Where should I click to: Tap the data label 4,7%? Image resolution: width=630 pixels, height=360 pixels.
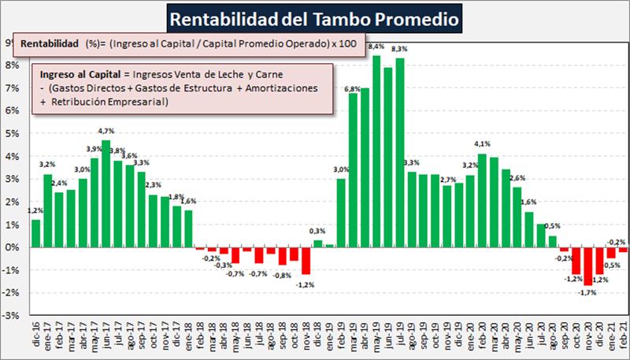(x=105, y=132)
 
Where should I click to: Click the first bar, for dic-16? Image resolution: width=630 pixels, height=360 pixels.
(x=36, y=233)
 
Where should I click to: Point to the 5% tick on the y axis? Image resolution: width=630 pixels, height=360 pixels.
(x=13, y=133)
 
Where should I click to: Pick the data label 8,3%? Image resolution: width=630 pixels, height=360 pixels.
(x=399, y=49)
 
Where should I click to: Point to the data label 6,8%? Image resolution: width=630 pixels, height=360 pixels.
(x=353, y=87)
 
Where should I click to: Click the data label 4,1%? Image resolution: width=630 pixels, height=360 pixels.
(x=482, y=144)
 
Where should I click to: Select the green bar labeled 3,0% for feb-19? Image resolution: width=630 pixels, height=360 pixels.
(x=341, y=213)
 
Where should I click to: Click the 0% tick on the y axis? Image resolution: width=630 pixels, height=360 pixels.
(x=13, y=247)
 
